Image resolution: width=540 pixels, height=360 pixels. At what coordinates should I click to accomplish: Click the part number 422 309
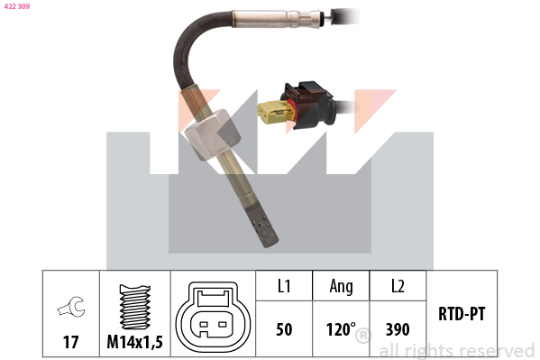[x=17, y=6]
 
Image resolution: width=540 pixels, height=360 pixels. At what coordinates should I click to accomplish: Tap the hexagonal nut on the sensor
[x=213, y=134]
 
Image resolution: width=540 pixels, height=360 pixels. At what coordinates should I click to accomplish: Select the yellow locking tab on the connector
[x=274, y=112]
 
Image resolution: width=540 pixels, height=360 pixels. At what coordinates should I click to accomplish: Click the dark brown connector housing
[x=308, y=106]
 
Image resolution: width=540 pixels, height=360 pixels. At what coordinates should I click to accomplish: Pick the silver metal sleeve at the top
[x=277, y=18]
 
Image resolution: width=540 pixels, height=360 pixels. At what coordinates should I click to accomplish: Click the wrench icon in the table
[x=71, y=307]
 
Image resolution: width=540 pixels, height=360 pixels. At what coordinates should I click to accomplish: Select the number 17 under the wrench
[x=70, y=342]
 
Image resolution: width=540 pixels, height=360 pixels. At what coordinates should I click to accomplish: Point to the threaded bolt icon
[x=134, y=307]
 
